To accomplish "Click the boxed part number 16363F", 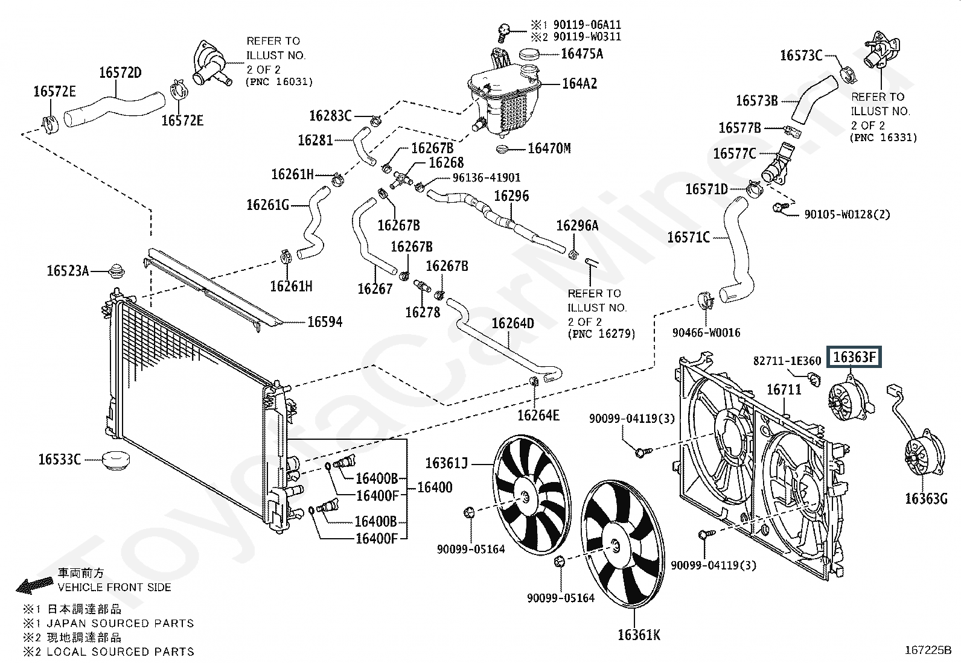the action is click(854, 357).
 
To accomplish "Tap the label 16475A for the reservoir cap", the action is click(582, 54).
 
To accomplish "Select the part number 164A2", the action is click(579, 84).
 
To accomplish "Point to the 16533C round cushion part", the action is click(116, 460).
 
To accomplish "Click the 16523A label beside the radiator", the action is click(68, 271).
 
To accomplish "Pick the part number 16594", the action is click(325, 322).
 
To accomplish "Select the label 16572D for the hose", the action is click(120, 73).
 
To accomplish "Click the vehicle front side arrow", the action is click(34, 585).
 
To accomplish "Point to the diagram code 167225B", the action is click(928, 650).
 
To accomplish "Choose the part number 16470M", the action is click(549, 149).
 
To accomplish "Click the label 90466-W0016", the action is click(706, 332).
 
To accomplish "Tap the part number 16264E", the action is click(538, 415).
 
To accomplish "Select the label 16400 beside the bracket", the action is click(435, 487).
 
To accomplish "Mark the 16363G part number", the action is click(926, 499).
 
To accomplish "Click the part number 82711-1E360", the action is click(787, 361).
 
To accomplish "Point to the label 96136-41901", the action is click(487, 177).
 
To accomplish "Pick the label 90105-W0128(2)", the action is click(847, 214).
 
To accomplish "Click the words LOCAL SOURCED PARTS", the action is click(120, 652).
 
